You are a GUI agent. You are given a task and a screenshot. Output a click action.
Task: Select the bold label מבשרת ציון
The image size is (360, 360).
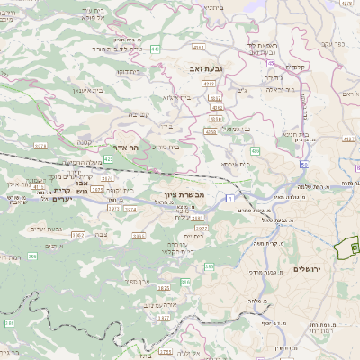185,195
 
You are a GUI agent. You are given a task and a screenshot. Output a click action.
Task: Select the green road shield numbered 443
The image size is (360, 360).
156,49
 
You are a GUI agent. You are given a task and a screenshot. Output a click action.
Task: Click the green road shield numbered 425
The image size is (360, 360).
108,158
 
